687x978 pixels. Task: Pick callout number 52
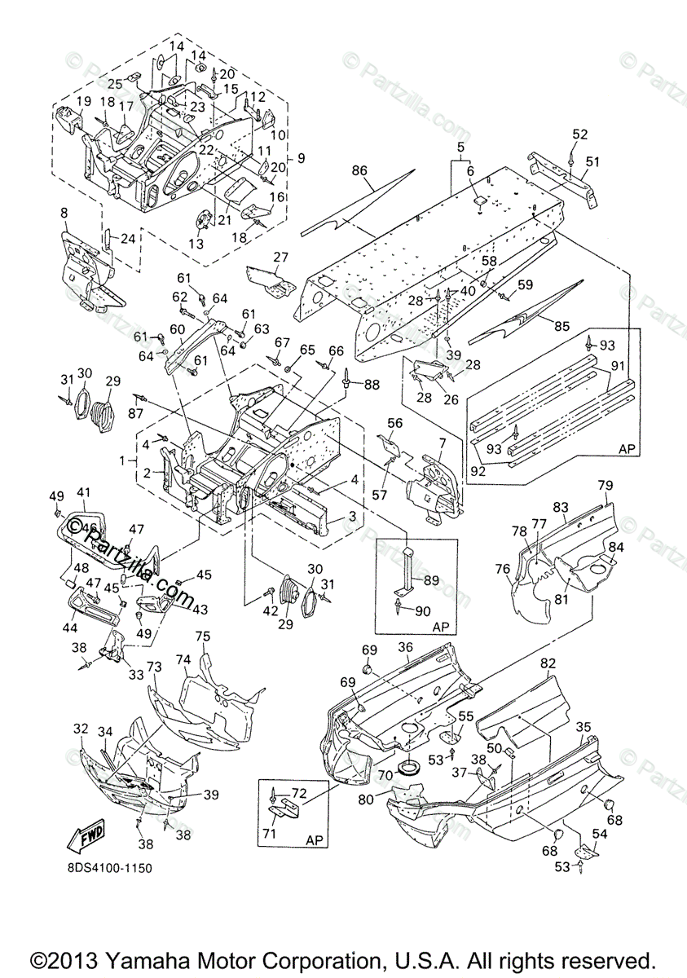(x=579, y=134)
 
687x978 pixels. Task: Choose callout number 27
(x=281, y=258)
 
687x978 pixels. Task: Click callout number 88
(x=372, y=384)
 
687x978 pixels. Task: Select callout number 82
(x=548, y=664)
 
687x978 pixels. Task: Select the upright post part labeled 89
(x=405, y=570)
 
